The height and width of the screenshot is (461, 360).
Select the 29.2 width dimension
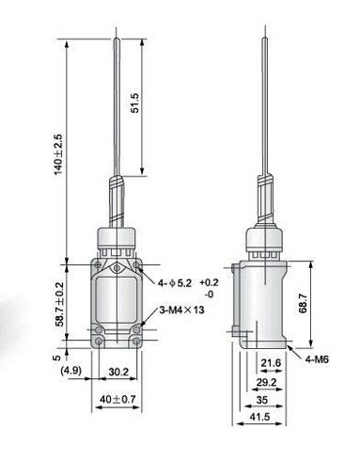(268, 383)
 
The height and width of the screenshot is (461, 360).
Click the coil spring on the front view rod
(117, 201)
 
